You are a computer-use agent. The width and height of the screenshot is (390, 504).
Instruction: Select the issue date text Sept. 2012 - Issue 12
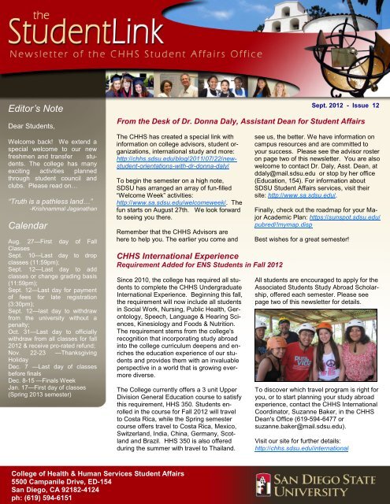pos(346,105)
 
